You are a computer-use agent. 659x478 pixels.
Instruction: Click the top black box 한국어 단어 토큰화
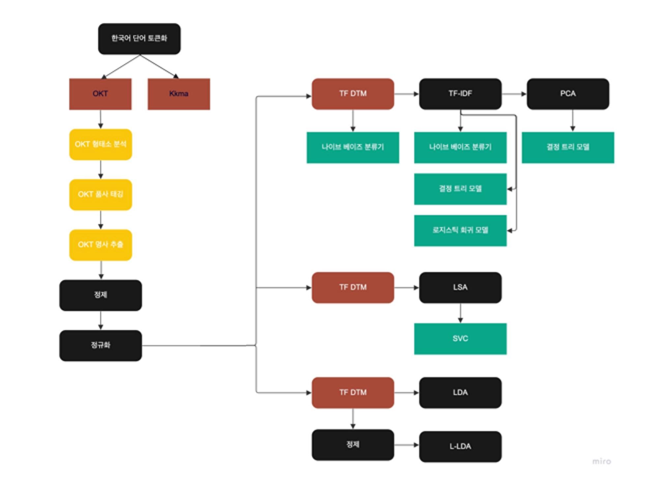coord(139,39)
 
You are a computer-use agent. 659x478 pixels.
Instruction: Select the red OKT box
coord(100,94)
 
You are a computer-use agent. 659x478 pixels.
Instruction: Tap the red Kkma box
coord(179,94)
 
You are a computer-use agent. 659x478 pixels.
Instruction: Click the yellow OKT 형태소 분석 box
coord(100,144)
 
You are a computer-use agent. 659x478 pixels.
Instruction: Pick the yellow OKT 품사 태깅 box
coord(100,194)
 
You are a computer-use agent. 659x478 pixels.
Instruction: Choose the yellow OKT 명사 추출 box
coord(100,245)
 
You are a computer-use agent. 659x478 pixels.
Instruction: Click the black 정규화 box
coord(100,345)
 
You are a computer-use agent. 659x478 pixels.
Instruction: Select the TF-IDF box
coord(460,94)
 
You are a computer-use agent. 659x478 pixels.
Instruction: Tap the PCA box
coord(568,94)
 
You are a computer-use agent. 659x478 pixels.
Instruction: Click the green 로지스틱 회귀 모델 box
coord(460,230)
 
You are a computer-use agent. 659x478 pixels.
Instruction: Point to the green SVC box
coord(460,339)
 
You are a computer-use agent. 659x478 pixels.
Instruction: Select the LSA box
coord(460,287)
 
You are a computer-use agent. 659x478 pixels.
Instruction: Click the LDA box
coord(460,393)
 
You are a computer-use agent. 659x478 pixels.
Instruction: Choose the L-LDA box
coord(460,446)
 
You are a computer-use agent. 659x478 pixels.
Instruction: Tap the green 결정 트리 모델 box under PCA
coord(568,147)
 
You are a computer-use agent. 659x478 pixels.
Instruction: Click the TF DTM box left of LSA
coord(353,287)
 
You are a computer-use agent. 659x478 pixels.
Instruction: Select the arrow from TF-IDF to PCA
coord(514,94)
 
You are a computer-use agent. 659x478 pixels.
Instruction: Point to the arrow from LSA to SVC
coord(460,313)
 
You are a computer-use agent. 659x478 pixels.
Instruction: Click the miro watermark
coord(601,461)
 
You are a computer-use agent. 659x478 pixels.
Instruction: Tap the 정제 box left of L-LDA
coord(353,444)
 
